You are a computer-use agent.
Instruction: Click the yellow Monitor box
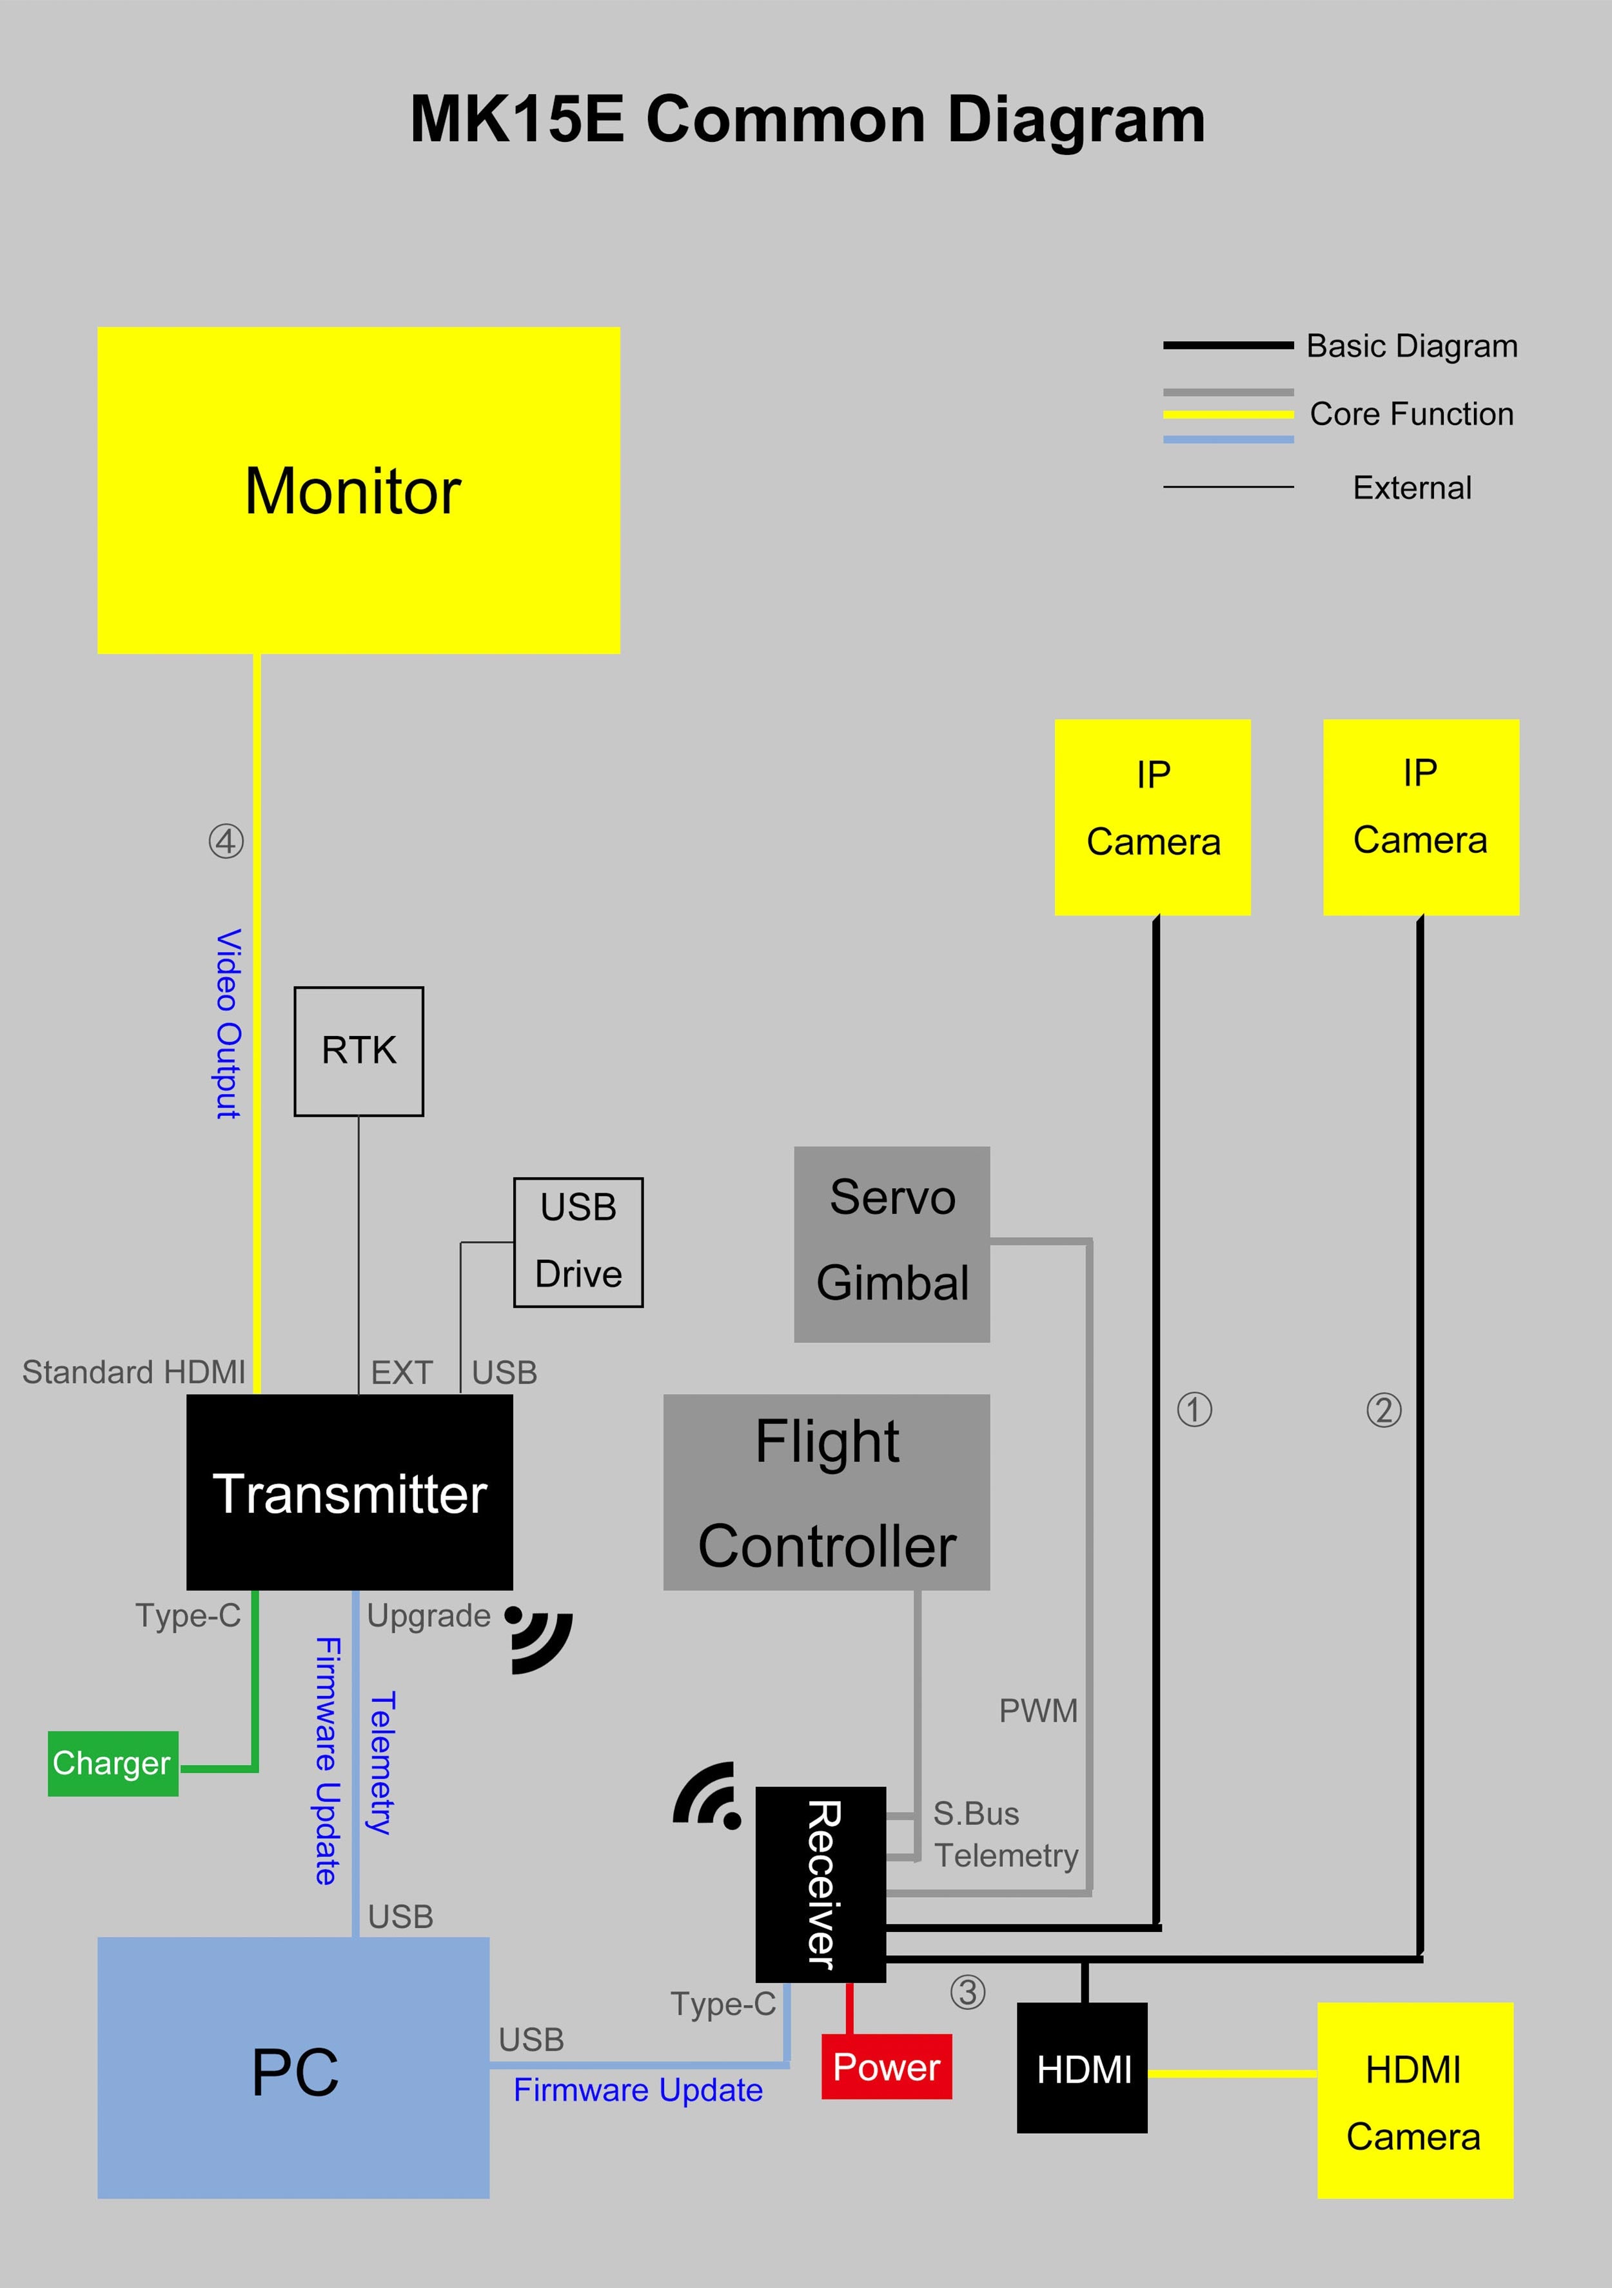point(359,490)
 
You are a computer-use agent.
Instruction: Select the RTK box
point(359,1051)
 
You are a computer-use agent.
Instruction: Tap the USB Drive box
point(578,1242)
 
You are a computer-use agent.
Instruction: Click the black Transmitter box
point(349,1492)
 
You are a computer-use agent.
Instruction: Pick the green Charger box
point(113,1763)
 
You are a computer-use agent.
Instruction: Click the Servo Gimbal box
point(892,1244)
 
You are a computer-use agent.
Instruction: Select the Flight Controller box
point(826,1492)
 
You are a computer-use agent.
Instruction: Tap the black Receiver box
point(820,1884)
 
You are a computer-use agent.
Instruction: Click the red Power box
point(886,2067)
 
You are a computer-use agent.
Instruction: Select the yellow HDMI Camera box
point(1414,2102)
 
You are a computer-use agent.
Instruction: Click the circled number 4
point(226,841)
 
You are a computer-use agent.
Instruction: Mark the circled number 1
point(1195,1409)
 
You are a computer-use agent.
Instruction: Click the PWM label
point(1038,1710)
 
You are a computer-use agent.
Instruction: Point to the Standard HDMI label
point(133,1372)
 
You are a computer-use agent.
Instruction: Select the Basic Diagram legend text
point(1411,346)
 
